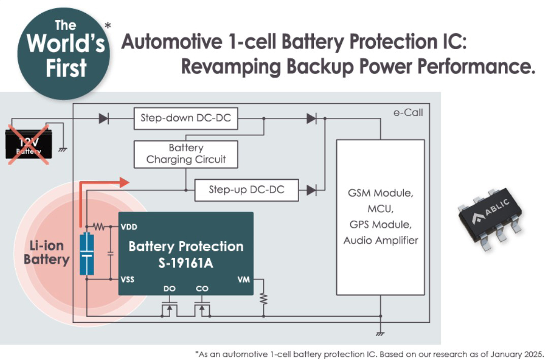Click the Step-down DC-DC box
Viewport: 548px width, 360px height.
(x=185, y=119)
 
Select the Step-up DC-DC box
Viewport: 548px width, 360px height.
(x=246, y=190)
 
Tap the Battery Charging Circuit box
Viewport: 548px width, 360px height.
(x=186, y=154)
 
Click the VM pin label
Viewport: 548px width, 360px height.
(x=244, y=279)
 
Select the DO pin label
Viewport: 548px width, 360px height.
(x=170, y=288)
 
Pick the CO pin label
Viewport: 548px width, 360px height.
(x=202, y=288)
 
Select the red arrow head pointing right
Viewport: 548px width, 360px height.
(x=124, y=182)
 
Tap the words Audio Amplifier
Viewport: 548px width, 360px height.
(x=380, y=240)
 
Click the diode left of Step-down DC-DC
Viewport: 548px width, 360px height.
(x=104, y=119)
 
